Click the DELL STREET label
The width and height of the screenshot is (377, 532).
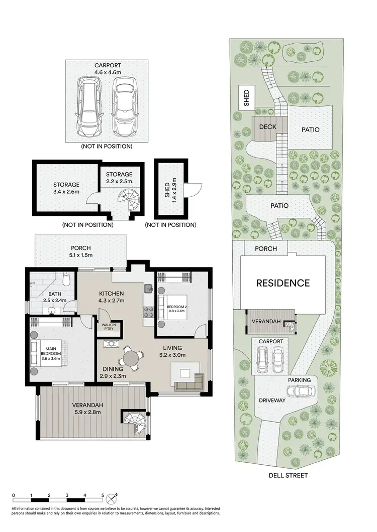coord(288,475)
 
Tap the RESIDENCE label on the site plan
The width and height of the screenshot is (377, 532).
coord(283,283)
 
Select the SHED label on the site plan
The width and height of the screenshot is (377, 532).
coord(246,98)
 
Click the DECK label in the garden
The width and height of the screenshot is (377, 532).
coord(268,127)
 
